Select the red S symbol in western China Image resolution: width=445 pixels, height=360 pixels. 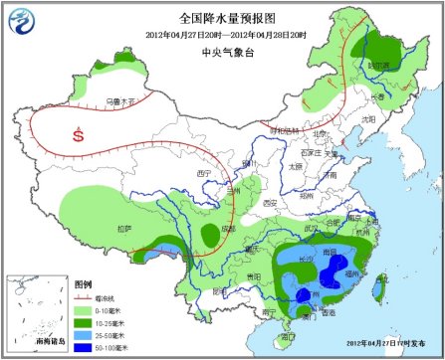(78, 137)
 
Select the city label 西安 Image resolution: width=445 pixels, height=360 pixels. (268, 203)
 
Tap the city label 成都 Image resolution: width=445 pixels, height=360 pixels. (229, 230)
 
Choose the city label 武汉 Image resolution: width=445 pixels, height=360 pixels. (316, 229)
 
